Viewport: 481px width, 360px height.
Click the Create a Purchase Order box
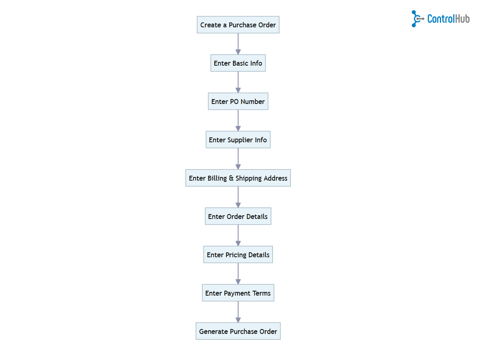[x=238, y=25]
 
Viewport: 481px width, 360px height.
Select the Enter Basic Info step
[x=238, y=63]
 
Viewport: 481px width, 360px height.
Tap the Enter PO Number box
[x=238, y=102]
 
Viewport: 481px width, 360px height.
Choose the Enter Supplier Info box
[x=238, y=140]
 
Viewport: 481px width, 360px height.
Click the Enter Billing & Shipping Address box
[x=238, y=178]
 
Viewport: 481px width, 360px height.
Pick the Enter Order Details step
[x=238, y=216]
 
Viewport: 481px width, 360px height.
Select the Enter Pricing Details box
[x=238, y=255]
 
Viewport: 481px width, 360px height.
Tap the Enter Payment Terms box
[x=238, y=293]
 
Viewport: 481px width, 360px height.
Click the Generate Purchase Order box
[x=238, y=331]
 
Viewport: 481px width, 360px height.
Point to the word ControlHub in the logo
[x=448, y=19]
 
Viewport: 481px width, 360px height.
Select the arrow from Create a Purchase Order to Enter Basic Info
[x=238, y=44]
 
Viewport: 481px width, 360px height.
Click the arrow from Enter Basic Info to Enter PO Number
[x=238, y=82]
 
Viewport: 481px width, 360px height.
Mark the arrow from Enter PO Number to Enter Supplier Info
[x=238, y=121]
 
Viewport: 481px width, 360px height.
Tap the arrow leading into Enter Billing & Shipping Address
[x=238, y=159]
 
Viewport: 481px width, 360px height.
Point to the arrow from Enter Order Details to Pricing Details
[x=238, y=236]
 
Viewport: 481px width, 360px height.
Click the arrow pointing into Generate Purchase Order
[x=238, y=312]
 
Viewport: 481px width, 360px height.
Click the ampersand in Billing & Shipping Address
[x=231, y=178]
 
